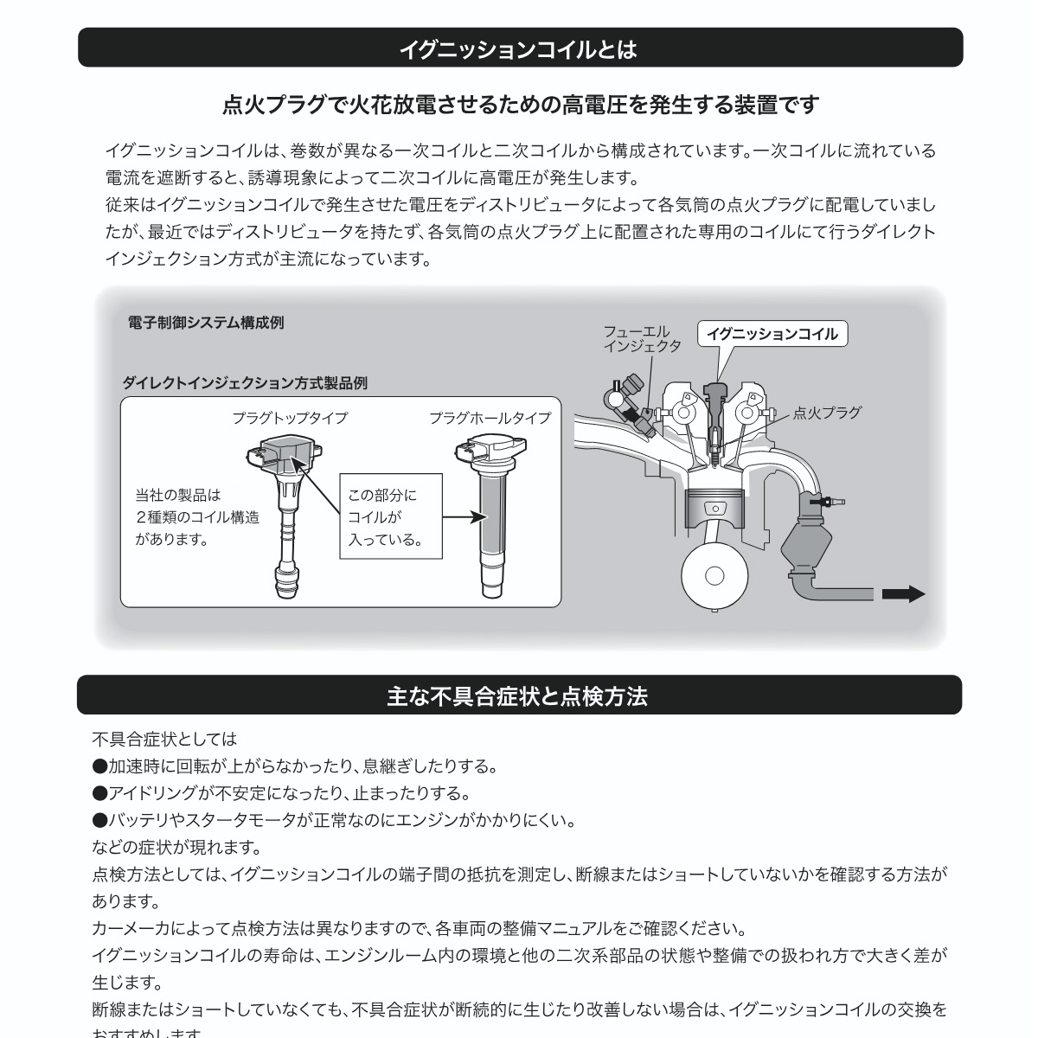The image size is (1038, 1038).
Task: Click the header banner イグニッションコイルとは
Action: pos(519,48)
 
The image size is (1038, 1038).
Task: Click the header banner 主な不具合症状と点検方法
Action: pos(519,695)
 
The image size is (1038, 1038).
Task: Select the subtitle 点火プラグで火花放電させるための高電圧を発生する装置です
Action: pos(521,106)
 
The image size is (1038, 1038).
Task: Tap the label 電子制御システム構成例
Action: pos(205,323)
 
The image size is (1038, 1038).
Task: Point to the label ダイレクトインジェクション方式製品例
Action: pos(245,382)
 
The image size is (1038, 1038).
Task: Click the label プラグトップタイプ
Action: pos(290,418)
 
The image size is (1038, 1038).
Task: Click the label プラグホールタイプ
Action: pos(490,418)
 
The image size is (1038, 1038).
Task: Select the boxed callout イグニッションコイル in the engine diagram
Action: pos(772,334)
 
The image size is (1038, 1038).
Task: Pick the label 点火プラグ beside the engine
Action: pos(827,413)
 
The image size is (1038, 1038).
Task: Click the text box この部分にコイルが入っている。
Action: pos(390,516)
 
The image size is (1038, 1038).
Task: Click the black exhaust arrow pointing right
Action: pos(903,594)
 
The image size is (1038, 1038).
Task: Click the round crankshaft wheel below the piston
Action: pos(714,575)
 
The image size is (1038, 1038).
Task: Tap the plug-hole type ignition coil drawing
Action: pos(490,519)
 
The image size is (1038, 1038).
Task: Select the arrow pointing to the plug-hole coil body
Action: pos(461,516)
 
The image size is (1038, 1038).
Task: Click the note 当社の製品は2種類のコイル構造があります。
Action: pos(196,517)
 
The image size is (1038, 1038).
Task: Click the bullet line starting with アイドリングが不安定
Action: pos(281,793)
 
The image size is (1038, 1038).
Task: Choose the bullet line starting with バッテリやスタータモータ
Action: pos(334,820)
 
